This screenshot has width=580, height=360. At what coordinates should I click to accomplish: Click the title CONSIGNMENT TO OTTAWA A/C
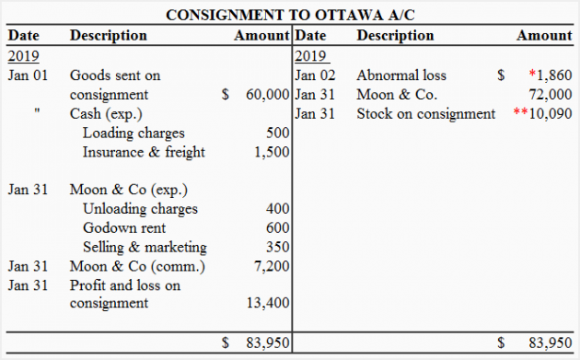coord(289,16)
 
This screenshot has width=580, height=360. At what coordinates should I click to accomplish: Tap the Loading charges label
coord(133,134)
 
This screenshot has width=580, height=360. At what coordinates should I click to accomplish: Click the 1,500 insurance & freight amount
coord(273,152)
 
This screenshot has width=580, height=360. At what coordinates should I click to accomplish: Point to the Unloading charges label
coord(140,208)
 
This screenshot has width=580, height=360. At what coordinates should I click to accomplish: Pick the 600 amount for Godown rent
coord(277,227)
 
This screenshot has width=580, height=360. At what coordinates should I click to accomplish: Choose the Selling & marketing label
coord(145,247)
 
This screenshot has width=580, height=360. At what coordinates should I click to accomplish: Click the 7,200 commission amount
coord(273,266)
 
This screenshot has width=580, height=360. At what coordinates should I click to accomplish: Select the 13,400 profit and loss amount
coord(269,303)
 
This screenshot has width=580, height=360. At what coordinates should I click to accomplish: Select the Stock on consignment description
coord(425,114)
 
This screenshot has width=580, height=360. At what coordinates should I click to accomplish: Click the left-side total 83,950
coord(268,343)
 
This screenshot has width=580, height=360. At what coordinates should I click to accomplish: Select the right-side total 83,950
coord(551,343)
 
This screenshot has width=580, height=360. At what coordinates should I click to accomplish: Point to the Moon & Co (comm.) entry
coord(137,266)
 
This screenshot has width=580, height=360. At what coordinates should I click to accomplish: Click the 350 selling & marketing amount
coord(277,247)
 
